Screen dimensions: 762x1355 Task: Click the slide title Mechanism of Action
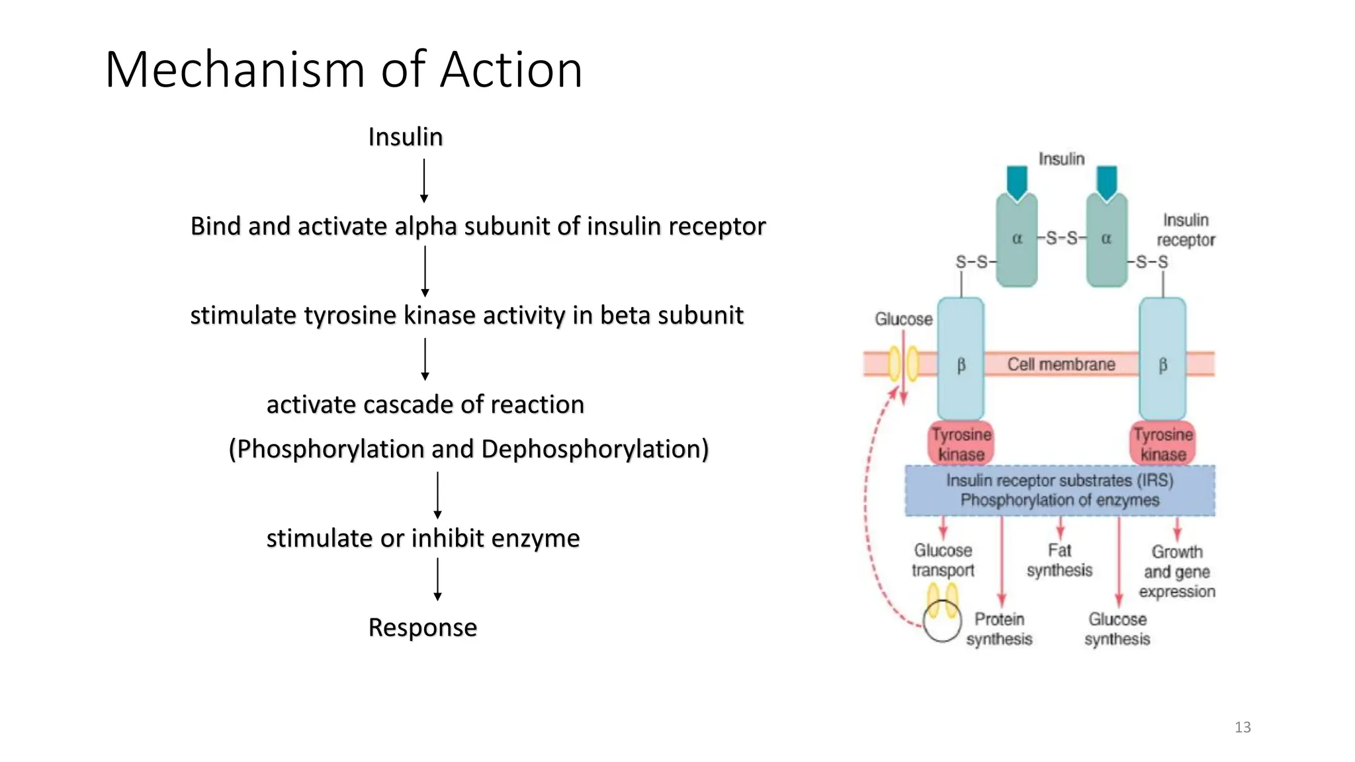[343, 69]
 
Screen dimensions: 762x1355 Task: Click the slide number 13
[1243, 727]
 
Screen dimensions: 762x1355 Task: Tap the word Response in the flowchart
[422, 627]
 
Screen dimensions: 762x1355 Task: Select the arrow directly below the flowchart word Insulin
[424, 181]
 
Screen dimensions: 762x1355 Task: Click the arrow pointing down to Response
[437, 579]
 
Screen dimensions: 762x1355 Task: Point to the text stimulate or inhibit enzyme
[423, 538]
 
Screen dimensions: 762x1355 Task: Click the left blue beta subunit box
[961, 359]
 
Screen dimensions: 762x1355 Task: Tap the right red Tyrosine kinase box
[1162, 444]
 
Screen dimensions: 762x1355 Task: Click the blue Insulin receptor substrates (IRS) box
[1059, 490]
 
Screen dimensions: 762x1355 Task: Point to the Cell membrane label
[1061, 364]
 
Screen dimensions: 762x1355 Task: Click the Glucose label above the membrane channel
[903, 319]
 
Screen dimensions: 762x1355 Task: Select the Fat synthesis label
[1059, 560]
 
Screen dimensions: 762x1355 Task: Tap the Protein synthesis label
[999, 629]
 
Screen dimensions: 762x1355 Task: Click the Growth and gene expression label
[1176, 571]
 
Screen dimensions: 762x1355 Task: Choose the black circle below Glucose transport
[941, 623]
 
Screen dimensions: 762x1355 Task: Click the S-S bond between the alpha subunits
[1061, 238]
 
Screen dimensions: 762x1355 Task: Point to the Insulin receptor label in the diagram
[1186, 230]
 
